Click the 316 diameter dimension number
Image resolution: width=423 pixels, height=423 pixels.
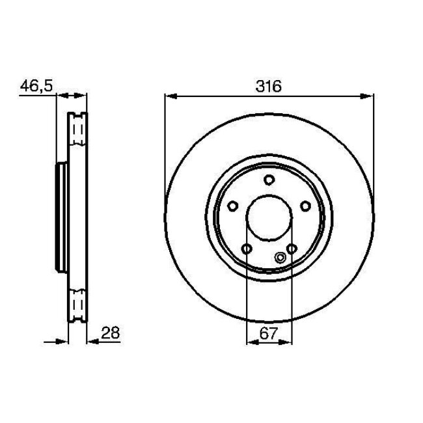(268, 87)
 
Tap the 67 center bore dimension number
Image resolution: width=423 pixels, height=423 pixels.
(268, 333)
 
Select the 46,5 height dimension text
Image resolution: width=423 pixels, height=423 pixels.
(36, 86)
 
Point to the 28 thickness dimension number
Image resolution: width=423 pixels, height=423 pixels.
(111, 333)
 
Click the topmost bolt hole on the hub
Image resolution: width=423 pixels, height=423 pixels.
(269, 180)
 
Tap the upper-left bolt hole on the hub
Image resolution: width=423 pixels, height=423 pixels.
(232, 206)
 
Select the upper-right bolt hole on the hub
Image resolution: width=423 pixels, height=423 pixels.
(305, 206)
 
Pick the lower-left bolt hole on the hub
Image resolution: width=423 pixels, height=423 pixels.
(247, 249)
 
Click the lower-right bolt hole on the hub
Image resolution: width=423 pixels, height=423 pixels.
(292, 249)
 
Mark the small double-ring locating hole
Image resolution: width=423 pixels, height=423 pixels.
(280, 257)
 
